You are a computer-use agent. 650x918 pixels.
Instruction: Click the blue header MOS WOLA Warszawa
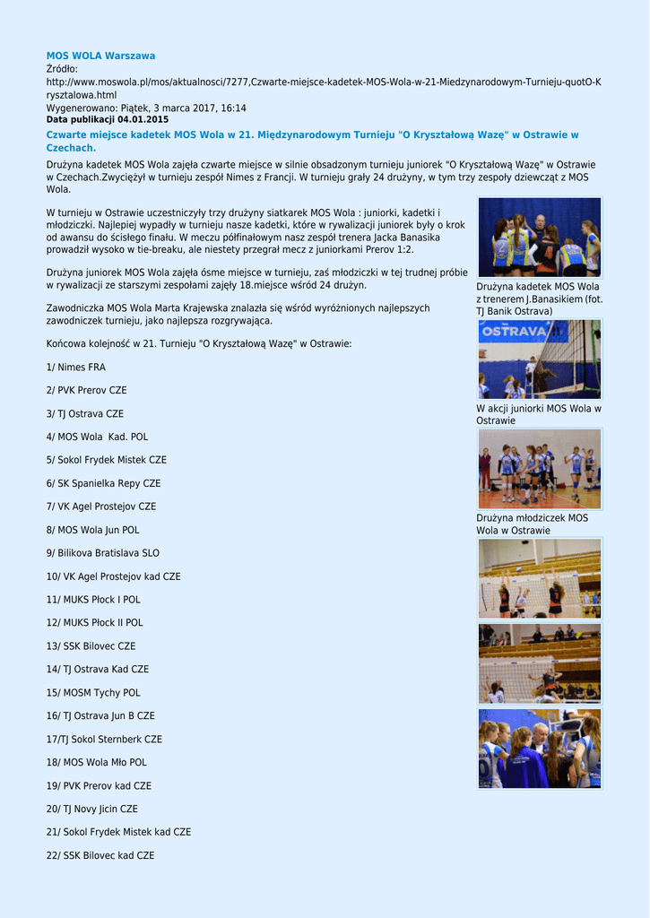pos(100,56)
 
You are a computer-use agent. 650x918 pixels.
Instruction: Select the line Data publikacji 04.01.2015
pos(107,119)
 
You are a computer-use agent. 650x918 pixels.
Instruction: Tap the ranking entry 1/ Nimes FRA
pos(75,368)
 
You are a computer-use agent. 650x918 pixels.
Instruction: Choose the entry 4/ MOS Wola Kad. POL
pos(97,437)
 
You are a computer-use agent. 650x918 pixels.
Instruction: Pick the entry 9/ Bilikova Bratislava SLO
pos(102,553)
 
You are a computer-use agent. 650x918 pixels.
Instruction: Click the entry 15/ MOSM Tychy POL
pos(93,693)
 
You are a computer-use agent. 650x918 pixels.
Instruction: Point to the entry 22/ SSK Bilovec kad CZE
pos(100,856)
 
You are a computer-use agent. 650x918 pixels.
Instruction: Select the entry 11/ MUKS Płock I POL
pos(93,600)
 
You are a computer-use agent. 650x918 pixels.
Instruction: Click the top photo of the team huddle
pos(539,237)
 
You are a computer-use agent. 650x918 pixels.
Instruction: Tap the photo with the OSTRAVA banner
pos(539,359)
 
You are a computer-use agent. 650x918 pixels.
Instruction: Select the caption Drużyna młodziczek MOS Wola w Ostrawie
pos(532,524)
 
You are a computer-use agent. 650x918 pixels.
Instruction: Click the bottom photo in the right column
pos(539,749)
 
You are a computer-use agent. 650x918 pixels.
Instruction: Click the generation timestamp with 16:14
pos(145,108)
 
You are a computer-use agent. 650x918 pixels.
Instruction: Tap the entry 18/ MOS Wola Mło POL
pos(96,763)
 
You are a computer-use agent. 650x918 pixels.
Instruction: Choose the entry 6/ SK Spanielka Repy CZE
pos(103,483)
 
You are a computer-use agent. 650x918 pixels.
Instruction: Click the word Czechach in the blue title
pos(70,148)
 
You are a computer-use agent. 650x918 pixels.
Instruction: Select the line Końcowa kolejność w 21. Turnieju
pos(199,344)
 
